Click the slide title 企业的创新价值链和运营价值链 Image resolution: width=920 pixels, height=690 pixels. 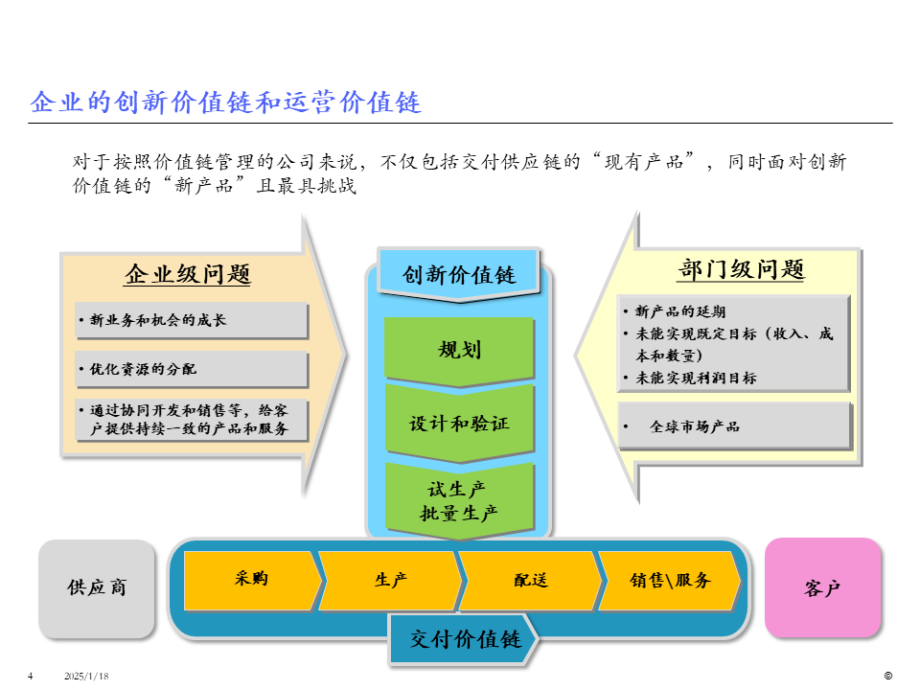(226, 103)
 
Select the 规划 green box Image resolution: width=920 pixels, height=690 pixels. (459, 350)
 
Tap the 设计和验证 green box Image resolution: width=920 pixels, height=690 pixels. (459, 423)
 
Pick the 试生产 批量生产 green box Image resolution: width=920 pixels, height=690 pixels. (459, 500)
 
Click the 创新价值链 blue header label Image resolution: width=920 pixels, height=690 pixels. (459, 275)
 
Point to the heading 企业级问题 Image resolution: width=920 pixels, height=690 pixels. (188, 275)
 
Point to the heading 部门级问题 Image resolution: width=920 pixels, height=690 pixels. (741, 269)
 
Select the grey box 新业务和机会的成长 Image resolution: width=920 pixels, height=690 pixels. (192, 321)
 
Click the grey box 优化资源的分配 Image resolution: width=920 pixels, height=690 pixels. (192, 369)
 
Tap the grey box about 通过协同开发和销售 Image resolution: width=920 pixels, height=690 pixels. (192, 420)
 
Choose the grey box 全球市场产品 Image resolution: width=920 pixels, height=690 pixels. (734, 426)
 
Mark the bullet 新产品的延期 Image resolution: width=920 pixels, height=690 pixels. (680, 311)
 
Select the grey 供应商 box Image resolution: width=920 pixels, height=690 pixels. (97, 587)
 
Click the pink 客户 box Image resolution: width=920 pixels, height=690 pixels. (822, 587)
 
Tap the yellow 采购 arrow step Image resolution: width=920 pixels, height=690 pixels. (251, 580)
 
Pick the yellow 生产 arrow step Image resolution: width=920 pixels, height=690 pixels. (391, 580)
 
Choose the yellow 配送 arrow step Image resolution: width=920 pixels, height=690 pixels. (530, 580)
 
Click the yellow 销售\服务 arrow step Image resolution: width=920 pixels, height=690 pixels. (670, 580)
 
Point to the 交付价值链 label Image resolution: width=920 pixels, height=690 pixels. (465, 639)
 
